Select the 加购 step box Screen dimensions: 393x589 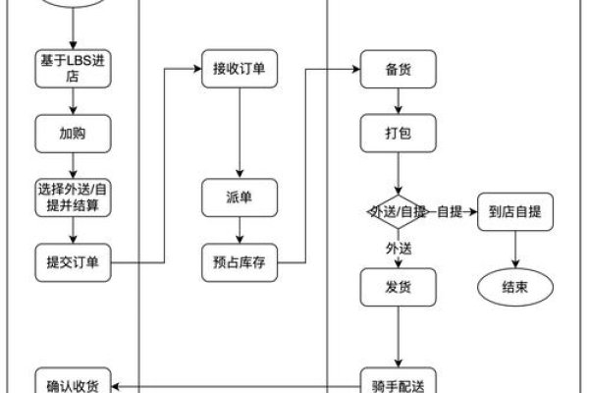coord(74,132)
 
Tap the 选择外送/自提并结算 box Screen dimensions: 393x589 coord(74,197)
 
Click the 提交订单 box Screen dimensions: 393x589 coord(74,262)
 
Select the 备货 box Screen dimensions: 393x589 coord(398,69)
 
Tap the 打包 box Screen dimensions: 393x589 coord(398,132)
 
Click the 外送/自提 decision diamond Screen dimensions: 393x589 coord(397,211)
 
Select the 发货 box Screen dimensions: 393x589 coord(398,288)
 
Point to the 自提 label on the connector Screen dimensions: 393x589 coord(449,211)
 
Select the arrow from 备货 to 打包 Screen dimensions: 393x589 coord(398,100)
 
